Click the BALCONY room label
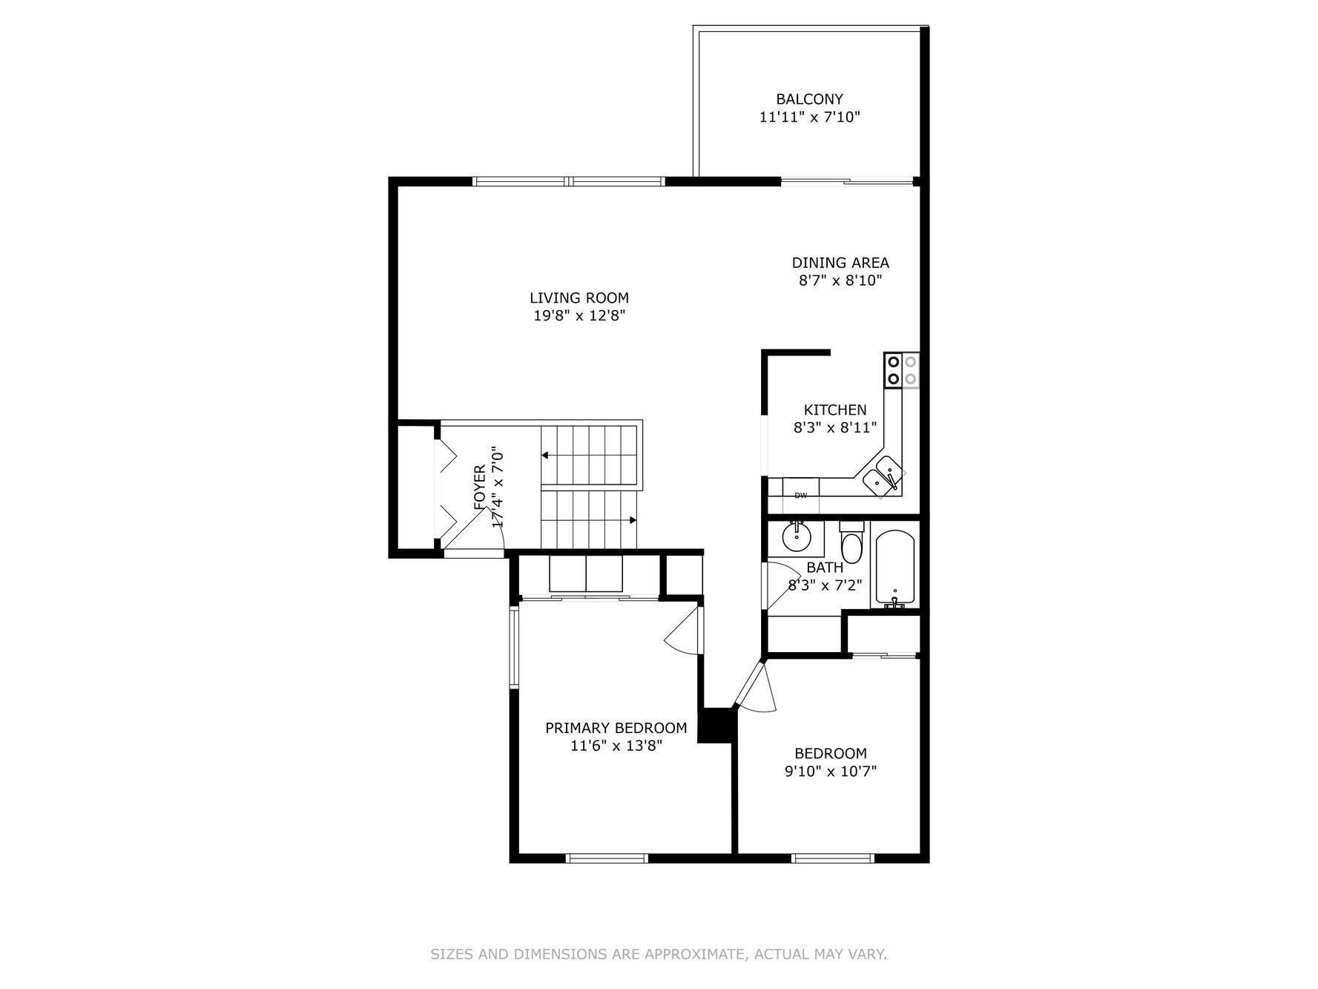pos(809,99)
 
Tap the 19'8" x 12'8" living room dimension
pos(579,316)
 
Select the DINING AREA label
pos(840,263)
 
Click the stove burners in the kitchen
pos(901,370)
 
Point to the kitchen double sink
pos(883,476)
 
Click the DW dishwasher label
pos(801,496)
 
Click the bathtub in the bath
pos(895,568)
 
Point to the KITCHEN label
pos(834,410)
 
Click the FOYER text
pos(480,487)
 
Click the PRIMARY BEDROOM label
pos(616,728)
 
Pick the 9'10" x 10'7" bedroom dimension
pos(830,772)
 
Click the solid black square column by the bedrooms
pos(716,725)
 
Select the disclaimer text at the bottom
pos(658,954)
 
